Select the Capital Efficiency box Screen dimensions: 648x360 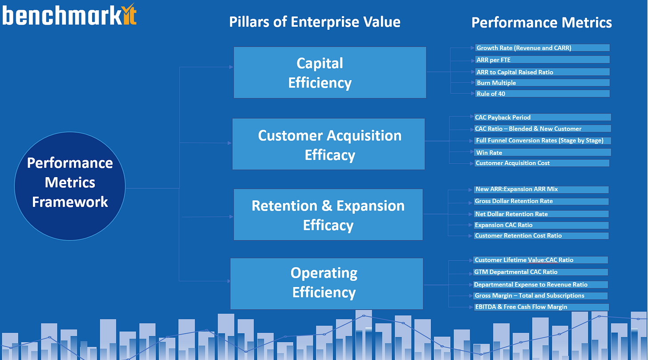330,73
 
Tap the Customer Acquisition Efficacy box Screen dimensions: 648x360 328,144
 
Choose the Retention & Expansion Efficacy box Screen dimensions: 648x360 328,215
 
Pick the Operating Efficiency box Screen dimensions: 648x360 326,283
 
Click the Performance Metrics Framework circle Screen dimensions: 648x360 70,182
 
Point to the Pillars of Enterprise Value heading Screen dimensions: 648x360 315,22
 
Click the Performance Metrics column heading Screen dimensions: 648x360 541,22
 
